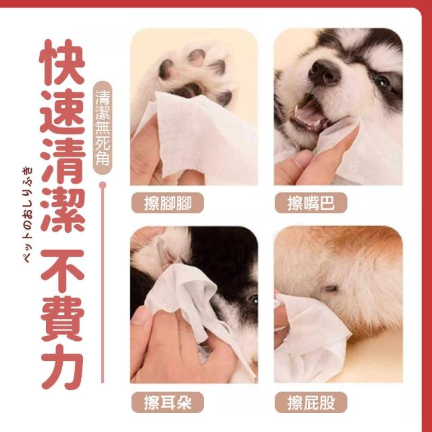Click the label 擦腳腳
[x=167, y=202]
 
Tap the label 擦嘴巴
[x=310, y=202]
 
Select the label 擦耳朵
[x=167, y=402]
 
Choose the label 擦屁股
[x=310, y=402]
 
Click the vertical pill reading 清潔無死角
[x=103, y=128]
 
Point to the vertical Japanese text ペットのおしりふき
[x=27, y=215]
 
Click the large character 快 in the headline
[x=62, y=62]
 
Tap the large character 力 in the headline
[x=62, y=367]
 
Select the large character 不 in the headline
[x=62, y=271]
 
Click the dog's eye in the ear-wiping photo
[x=253, y=299]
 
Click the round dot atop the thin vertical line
[x=103, y=184]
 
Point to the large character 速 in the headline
[x=62, y=112]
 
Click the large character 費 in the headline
[x=62, y=319]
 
